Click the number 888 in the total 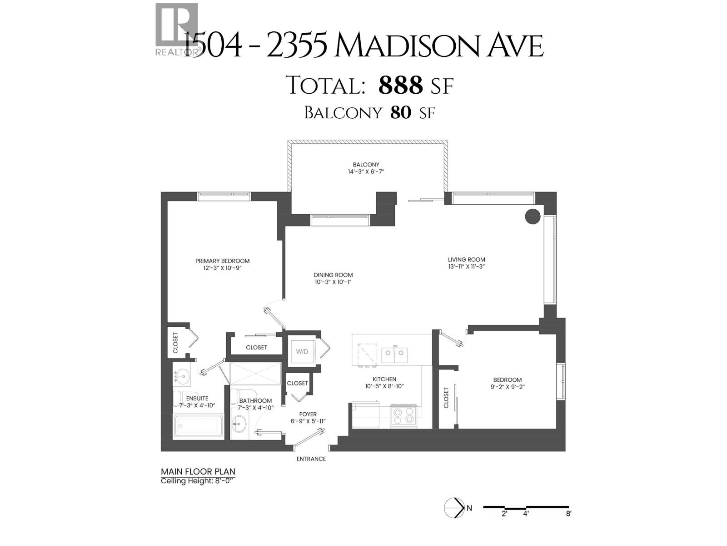pyautogui.click(x=400, y=85)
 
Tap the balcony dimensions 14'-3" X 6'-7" pyautogui.click(x=366, y=172)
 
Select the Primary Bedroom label pyautogui.click(x=222, y=261)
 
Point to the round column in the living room pyautogui.click(x=533, y=216)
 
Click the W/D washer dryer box pyautogui.click(x=302, y=352)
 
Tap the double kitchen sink pyautogui.click(x=394, y=354)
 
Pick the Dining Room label pyautogui.click(x=333, y=275)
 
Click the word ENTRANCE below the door pyautogui.click(x=311, y=459)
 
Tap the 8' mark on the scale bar pyautogui.click(x=568, y=514)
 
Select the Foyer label pyautogui.click(x=308, y=414)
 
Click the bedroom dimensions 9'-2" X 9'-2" pyautogui.click(x=508, y=387)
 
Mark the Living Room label pyautogui.click(x=466, y=259)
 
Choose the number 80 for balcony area pyautogui.click(x=400, y=112)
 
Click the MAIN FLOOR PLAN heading pyautogui.click(x=198, y=472)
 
